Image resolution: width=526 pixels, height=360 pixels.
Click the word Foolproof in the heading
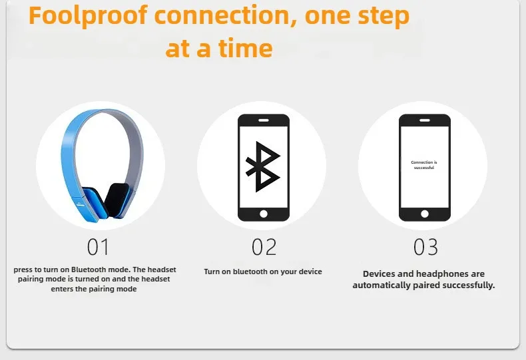tap(88, 17)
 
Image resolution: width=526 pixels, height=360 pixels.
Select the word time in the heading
tap(245, 49)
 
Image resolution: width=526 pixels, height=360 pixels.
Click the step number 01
tap(98, 247)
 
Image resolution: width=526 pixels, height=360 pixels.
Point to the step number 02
tap(264, 247)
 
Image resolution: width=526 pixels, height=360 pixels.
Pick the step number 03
tap(425, 247)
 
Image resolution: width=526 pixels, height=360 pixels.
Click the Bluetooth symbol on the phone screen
tap(263, 166)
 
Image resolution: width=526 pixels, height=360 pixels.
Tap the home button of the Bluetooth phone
tap(264, 214)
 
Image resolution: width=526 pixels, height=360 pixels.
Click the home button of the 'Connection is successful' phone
tap(425, 214)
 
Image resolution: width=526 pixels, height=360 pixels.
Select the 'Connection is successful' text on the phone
tap(424, 165)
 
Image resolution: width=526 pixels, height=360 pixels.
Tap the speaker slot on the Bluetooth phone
tap(264, 120)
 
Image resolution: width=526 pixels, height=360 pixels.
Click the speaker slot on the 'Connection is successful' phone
tap(425, 120)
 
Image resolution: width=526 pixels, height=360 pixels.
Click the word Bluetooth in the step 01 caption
tap(87, 270)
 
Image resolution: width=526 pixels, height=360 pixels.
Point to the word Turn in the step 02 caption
tap(212, 271)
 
